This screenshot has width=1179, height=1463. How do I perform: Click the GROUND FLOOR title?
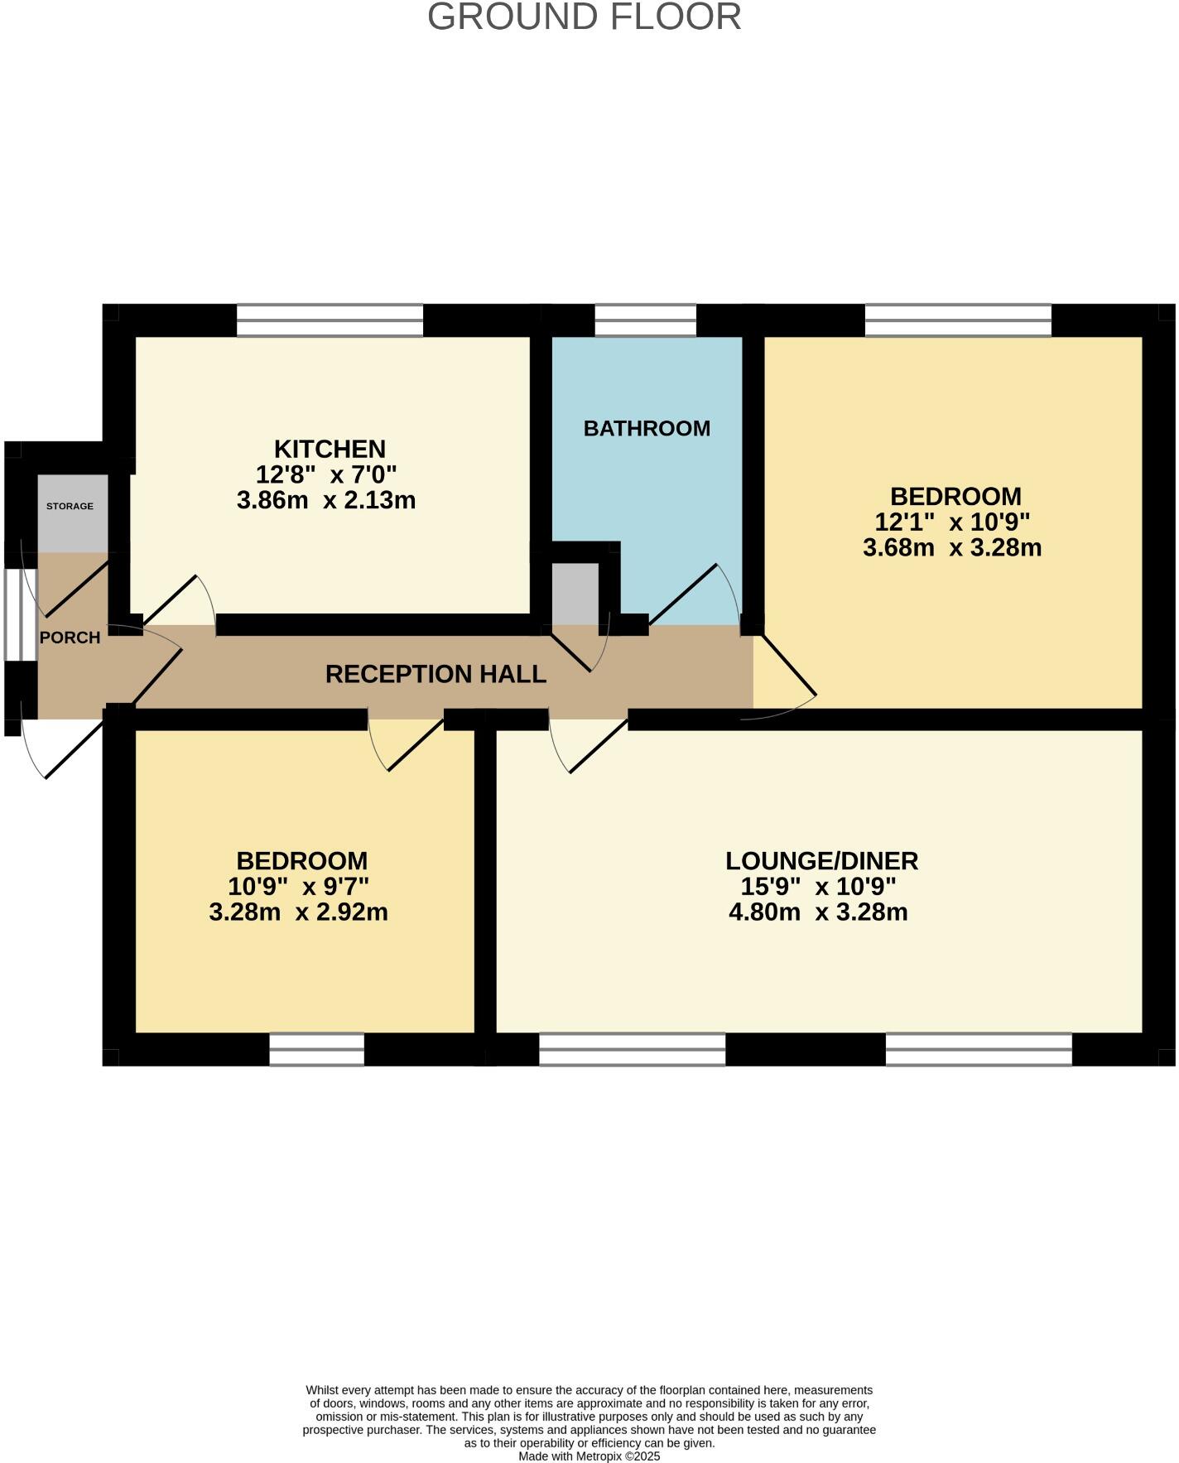coord(584,17)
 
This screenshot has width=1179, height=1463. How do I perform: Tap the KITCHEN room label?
coord(330,449)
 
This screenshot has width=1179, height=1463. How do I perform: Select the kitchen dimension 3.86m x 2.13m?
coord(326,500)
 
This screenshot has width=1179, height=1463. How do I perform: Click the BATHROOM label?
coord(647,428)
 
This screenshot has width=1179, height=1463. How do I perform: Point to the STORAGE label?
coord(70,506)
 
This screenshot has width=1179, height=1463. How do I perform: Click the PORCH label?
coord(70,638)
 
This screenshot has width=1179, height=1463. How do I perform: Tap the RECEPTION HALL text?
coord(436,674)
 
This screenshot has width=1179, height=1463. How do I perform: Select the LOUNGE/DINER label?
coord(821,861)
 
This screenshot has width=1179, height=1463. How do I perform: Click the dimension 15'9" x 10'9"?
coord(818,887)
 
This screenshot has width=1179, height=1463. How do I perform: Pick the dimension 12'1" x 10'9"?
coord(952,522)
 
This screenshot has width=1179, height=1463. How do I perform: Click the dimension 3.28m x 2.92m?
coord(299,912)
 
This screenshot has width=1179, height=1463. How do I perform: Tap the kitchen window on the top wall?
coord(330,320)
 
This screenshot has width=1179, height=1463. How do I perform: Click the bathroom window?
coord(645,320)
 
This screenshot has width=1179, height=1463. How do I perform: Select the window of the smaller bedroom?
coord(316,1049)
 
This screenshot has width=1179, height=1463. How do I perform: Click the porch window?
coord(20,614)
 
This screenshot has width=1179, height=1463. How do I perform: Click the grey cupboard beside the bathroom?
coord(575,594)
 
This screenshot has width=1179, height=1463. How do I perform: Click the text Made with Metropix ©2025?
coord(589,1456)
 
